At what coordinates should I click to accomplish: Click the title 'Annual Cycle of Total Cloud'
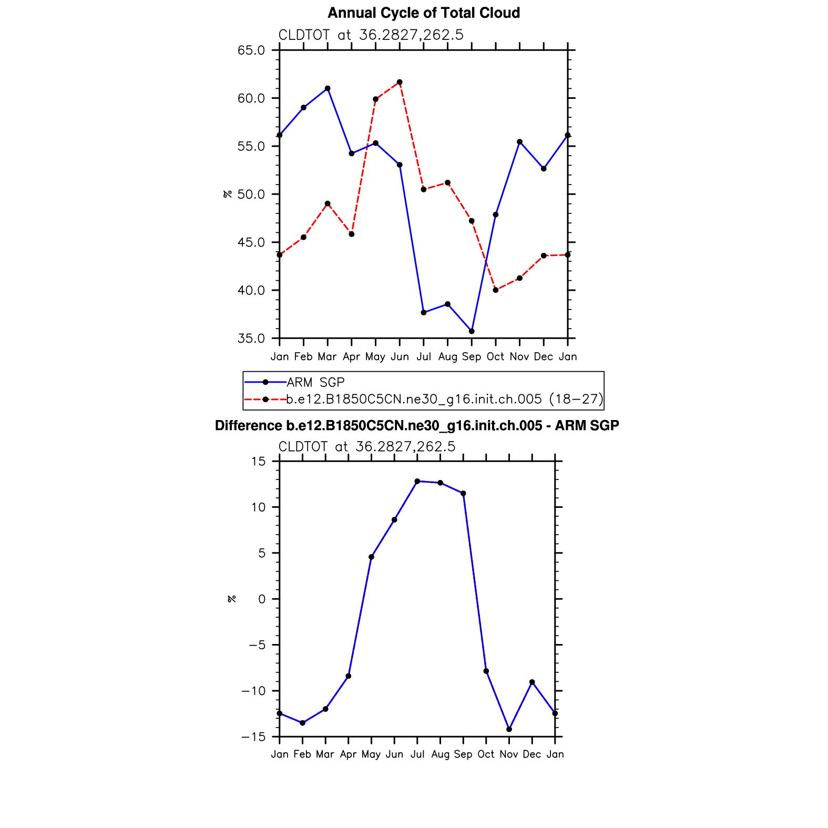pos(424,13)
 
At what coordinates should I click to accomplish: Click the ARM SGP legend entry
pos(315,382)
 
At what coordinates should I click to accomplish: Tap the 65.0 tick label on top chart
pos(251,50)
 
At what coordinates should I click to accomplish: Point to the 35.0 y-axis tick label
pos(251,339)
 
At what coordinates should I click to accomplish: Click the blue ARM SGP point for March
pos(328,88)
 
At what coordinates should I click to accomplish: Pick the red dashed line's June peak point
pos(400,82)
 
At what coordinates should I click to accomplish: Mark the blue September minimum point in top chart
pos(472,331)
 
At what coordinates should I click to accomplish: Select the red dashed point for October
pos(496,290)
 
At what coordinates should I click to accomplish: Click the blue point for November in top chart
pos(520,142)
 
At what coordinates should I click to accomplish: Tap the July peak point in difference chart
pos(417,481)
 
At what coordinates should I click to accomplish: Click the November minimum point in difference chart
pos(509,729)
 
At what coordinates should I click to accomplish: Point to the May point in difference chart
pos(371,557)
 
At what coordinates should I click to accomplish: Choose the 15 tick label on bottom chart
pos(259,462)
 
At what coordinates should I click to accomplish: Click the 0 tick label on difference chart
pos(262,599)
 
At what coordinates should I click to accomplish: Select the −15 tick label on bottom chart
pos(253,737)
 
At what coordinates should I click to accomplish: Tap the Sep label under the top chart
pos(472,357)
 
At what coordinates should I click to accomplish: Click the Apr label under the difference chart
pos(348,754)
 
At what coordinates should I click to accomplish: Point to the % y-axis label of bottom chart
pos(232,599)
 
